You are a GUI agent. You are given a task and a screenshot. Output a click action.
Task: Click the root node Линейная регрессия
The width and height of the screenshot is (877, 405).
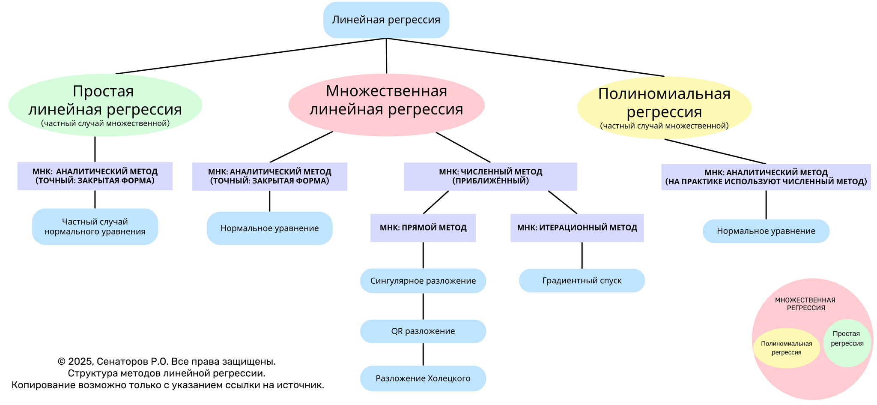click(x=386, y=20)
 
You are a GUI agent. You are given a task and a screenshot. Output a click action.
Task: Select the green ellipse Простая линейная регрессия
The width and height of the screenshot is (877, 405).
click(x=105, y=105)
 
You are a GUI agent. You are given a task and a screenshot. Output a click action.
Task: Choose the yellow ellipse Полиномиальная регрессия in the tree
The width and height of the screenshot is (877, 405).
click(x=664, y=107)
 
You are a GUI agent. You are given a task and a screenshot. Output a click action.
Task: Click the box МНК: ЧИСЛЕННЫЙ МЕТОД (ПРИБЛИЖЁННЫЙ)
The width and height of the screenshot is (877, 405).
click(x=490, y=176)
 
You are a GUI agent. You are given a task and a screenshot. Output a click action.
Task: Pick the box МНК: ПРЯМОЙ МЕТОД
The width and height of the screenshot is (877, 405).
click(x=423, y=228)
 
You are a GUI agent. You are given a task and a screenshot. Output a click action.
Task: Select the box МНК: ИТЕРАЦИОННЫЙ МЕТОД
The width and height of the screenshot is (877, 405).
click(x=577, y=228)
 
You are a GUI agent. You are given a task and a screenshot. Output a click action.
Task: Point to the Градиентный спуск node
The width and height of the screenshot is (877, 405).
click(x=582, y=281)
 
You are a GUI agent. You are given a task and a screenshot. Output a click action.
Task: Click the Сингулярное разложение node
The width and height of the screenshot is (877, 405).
click(x=423, y=281)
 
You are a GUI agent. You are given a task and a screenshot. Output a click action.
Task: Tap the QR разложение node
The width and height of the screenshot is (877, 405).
click(x=423, y=331)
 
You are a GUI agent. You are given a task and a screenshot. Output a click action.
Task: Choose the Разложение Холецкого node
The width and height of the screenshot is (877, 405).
click(x=423, y=378)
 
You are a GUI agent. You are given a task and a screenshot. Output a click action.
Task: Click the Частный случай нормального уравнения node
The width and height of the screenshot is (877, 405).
click(x=95, y=227)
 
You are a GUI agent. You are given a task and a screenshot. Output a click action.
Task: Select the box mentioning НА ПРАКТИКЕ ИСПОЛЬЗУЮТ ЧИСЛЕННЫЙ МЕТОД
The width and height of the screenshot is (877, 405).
click(x=766, y=177)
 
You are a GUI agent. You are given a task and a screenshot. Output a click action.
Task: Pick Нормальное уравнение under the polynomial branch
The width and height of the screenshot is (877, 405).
click(x=766, y=231)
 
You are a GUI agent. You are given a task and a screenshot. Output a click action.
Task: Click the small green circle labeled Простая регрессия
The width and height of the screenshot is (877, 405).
click(x=847, y=342)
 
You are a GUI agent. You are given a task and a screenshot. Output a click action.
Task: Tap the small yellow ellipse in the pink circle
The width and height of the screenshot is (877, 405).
click(x=786, y=348)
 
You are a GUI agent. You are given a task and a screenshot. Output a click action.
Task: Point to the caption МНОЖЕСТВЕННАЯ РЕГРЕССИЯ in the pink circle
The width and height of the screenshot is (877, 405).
click(x=805, y=304)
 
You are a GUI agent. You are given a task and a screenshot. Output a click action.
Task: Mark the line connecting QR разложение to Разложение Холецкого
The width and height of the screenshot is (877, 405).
click(x=423, y=354)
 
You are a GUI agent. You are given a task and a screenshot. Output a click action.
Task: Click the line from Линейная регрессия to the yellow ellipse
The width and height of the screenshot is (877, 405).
click(x=527, y=57)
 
